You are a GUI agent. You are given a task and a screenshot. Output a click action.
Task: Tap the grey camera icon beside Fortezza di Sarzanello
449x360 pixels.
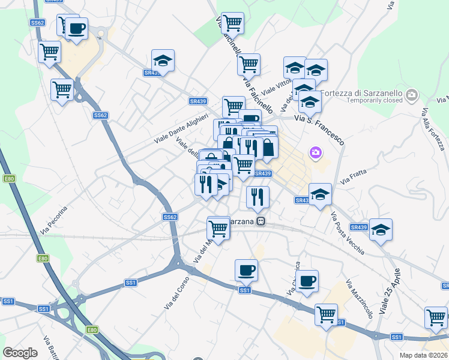point(412,95)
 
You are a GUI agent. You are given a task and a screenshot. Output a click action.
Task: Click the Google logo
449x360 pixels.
point(20,353)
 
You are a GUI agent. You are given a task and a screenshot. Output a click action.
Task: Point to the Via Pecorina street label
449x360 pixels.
point(53,220)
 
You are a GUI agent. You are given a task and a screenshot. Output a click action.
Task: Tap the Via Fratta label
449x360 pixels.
point(354,175)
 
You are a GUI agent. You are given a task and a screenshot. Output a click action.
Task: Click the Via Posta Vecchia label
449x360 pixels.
point(347,233)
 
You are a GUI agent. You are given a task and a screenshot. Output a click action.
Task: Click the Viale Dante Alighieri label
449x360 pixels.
point(181,127)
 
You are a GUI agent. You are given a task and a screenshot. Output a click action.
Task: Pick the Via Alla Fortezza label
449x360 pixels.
point(432,129)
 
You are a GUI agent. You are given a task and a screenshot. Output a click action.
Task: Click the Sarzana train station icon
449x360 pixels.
point(261,221)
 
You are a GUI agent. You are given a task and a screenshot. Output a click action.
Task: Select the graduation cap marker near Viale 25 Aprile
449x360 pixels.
point(381,230)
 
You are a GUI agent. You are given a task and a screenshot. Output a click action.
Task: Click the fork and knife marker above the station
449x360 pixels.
point(258,196)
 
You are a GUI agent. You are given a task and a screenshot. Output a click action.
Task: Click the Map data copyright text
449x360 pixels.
point(424,355)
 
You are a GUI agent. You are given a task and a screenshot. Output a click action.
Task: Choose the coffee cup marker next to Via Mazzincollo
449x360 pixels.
point(307,281)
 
